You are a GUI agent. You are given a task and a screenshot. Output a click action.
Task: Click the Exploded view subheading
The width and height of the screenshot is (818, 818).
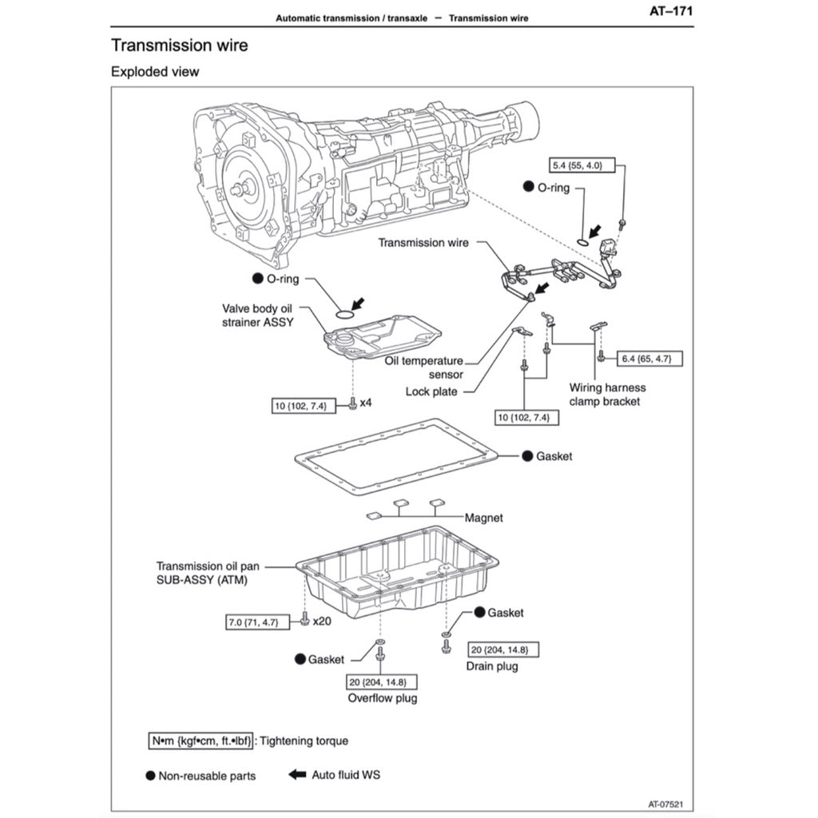[x=155, y=72]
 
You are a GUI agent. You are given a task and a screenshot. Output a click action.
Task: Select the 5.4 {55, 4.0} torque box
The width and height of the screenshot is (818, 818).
[x=578, y=165]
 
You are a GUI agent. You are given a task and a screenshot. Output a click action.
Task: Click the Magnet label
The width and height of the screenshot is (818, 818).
[x=484, y=518]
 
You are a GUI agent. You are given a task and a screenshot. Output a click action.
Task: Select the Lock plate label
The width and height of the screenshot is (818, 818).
[x=431, y=391]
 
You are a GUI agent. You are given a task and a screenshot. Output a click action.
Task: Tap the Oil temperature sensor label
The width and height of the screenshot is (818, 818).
[x=423, y=367]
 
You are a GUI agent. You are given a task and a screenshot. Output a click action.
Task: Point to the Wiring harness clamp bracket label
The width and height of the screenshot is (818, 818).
[x=608, y=395]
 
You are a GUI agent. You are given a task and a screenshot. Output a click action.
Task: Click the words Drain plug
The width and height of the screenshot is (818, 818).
[x=491, y=666]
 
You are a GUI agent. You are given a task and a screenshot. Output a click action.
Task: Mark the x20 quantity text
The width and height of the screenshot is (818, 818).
[x=323, y=621]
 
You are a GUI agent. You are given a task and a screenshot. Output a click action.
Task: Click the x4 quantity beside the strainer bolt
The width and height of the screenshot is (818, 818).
[x=366, y=403]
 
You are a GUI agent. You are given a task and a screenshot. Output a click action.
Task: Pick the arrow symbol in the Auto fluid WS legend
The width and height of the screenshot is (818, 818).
[x=297, y=774]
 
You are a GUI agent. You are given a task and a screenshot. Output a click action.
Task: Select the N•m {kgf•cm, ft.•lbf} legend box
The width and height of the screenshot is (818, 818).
[x=201, y=741]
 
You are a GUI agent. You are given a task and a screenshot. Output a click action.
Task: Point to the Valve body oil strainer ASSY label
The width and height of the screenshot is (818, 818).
[x=258, y=316]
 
